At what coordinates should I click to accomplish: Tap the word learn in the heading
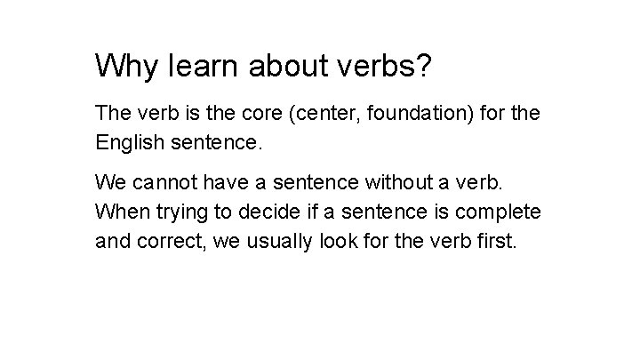tap(201, 65)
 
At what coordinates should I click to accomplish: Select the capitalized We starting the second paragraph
tap(111, 184)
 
